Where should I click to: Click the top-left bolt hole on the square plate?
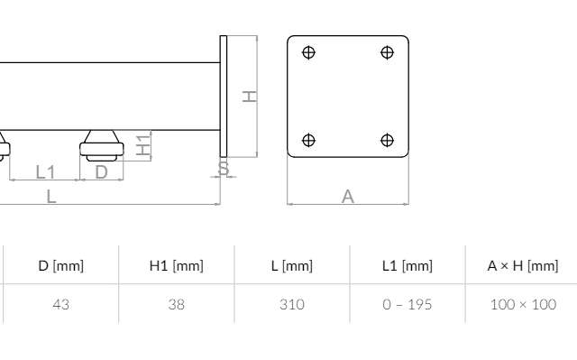tap(308, 52)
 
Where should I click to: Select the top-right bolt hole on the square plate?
tap(387, 52)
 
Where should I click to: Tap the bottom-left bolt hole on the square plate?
tap(308, 140)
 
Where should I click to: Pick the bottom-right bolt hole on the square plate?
tap(387, 140)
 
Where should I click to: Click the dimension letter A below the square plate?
tap(348, 196)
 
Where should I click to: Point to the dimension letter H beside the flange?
tap(250, 97)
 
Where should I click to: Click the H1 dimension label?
tap(143, 145)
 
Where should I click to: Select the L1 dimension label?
tap(45, 172)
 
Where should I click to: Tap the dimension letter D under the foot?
tap(101, 172)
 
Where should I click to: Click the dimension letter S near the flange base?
tap(224, 168)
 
